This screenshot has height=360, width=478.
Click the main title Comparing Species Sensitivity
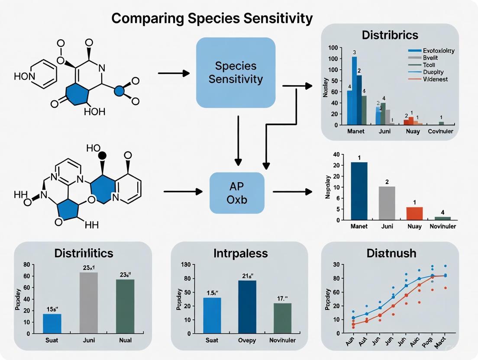pos(212,19)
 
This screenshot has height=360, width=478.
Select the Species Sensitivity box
pos(236,73)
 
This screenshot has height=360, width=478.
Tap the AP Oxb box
pos(237,193)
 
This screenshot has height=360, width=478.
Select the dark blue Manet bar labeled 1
pos(359,191)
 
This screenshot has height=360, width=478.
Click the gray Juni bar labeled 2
pos(387,203)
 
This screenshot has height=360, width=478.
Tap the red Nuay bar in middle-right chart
pos(414,213)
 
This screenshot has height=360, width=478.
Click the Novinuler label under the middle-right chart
pos(442,226)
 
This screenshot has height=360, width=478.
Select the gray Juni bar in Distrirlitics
pos(88,303)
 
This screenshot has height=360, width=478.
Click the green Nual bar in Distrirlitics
pos(125,306)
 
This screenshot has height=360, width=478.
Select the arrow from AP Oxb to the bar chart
pos(292,191)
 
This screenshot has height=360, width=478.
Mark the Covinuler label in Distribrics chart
pos(441,131)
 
